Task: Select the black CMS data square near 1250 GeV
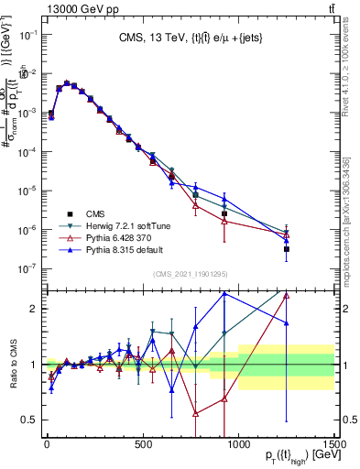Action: [x=287, y=248]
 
